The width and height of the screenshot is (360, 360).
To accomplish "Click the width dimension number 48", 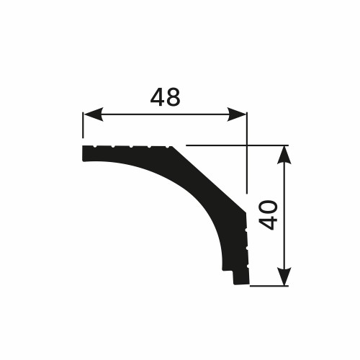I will (165, 97).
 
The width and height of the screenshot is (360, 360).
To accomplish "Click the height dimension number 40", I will (268, 215).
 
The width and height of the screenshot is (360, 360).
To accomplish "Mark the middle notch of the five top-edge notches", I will (132, 147).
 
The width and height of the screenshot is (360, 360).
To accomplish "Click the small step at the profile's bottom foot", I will (235, 276).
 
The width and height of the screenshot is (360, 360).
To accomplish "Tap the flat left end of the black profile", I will (84, 153).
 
